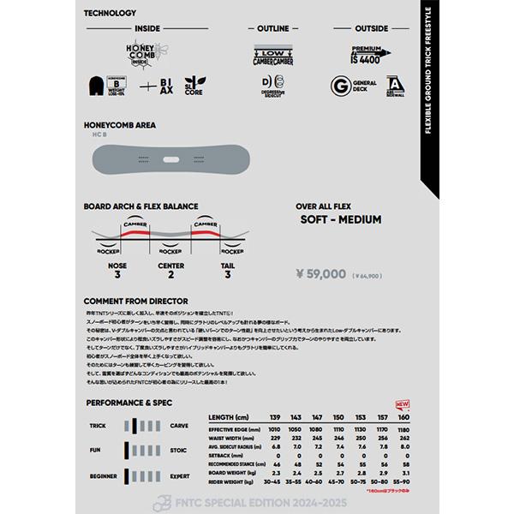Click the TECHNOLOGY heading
(111, 14)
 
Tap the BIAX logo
(165, 87)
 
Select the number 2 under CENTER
(171, 275)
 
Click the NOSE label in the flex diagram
(118, 266)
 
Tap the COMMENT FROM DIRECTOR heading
(141, 302)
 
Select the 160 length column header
(405, 415)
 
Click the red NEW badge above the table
(402, 403)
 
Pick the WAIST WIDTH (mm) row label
(237, 436)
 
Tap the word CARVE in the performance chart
(180, 425)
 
